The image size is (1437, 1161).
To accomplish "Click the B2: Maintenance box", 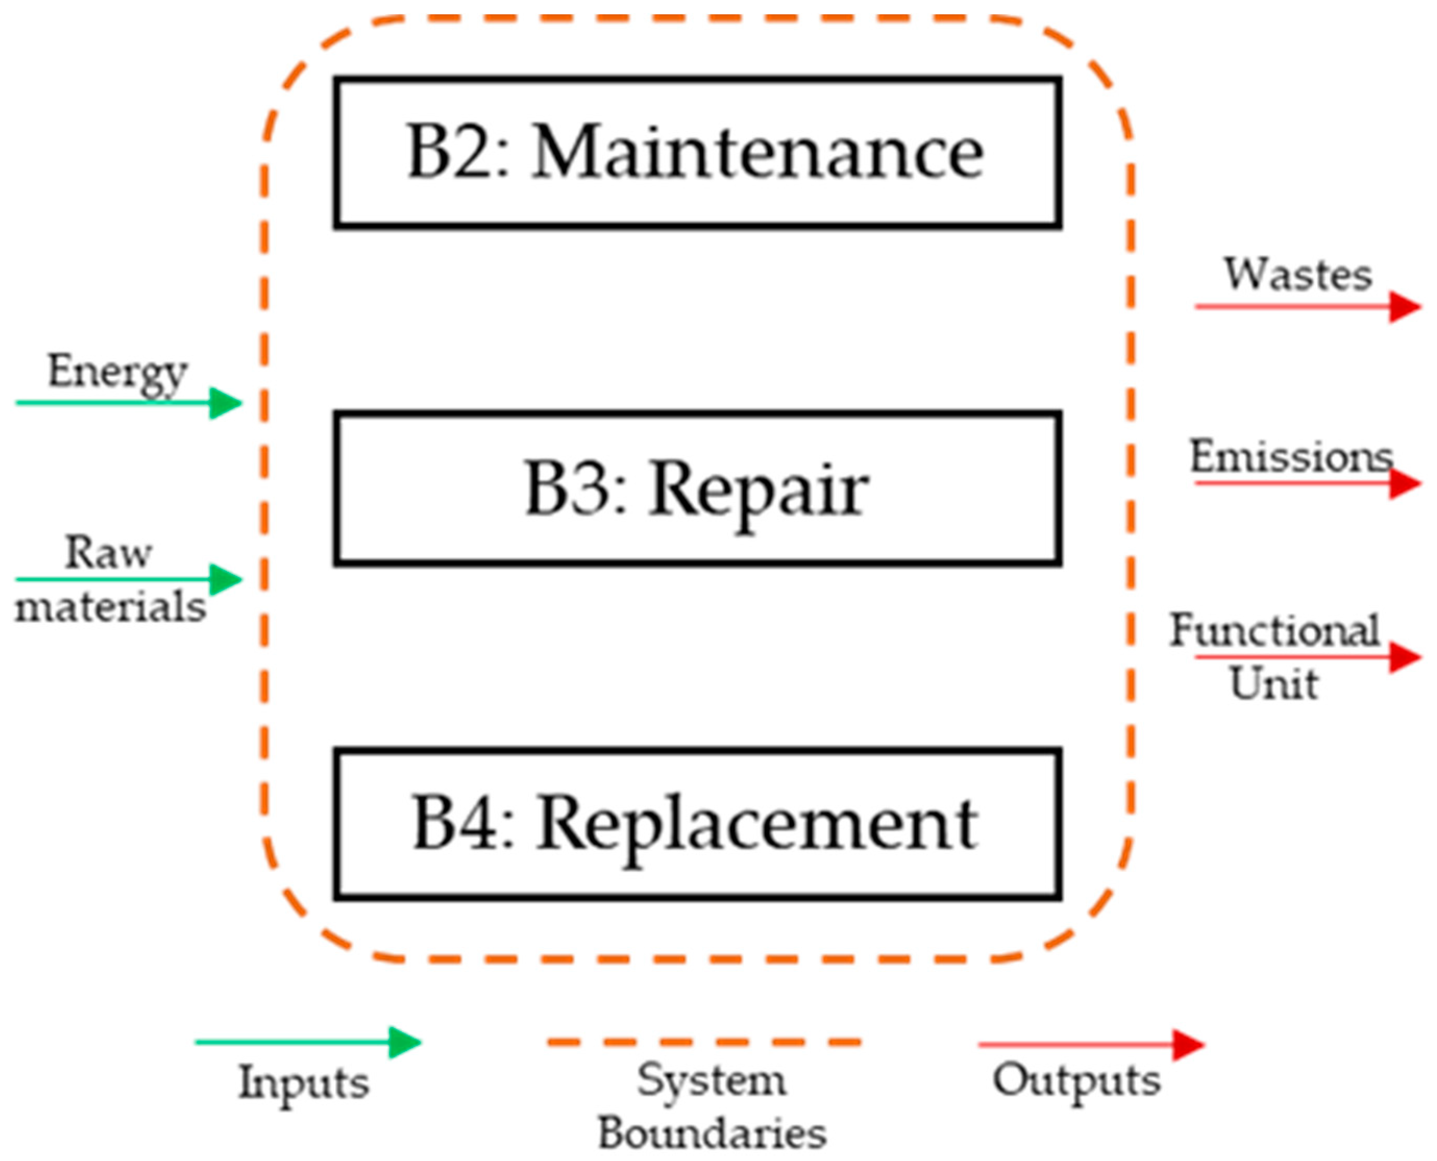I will (697, 153).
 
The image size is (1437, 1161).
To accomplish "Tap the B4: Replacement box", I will (697, 824).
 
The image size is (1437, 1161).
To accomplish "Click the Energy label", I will (117, 372).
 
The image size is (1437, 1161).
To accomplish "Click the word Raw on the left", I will (108, 553).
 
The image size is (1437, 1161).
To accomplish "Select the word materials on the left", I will (110, 607).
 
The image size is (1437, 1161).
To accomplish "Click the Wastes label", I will (1298, 274).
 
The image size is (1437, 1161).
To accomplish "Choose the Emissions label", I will (1291, 457).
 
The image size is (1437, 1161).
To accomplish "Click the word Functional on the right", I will (1274, 630).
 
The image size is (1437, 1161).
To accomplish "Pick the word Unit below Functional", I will (1274, 684).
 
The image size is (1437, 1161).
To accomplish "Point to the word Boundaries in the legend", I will (712, 1134).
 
